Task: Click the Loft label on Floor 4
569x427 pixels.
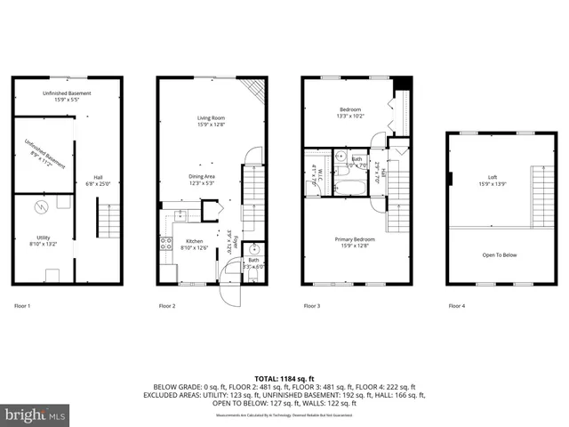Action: click(x=491, y=180)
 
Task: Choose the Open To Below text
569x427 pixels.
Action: click(x=500, y=255)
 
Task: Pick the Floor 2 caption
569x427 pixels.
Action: click(x=167, y=306)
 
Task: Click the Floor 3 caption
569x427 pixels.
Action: click(x=312, y=306)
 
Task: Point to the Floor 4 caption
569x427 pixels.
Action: click(x=456, y=306)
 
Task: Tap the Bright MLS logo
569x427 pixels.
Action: click(x=36, y=415)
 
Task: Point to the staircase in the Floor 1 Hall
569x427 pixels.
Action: click(x=108, y=218)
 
